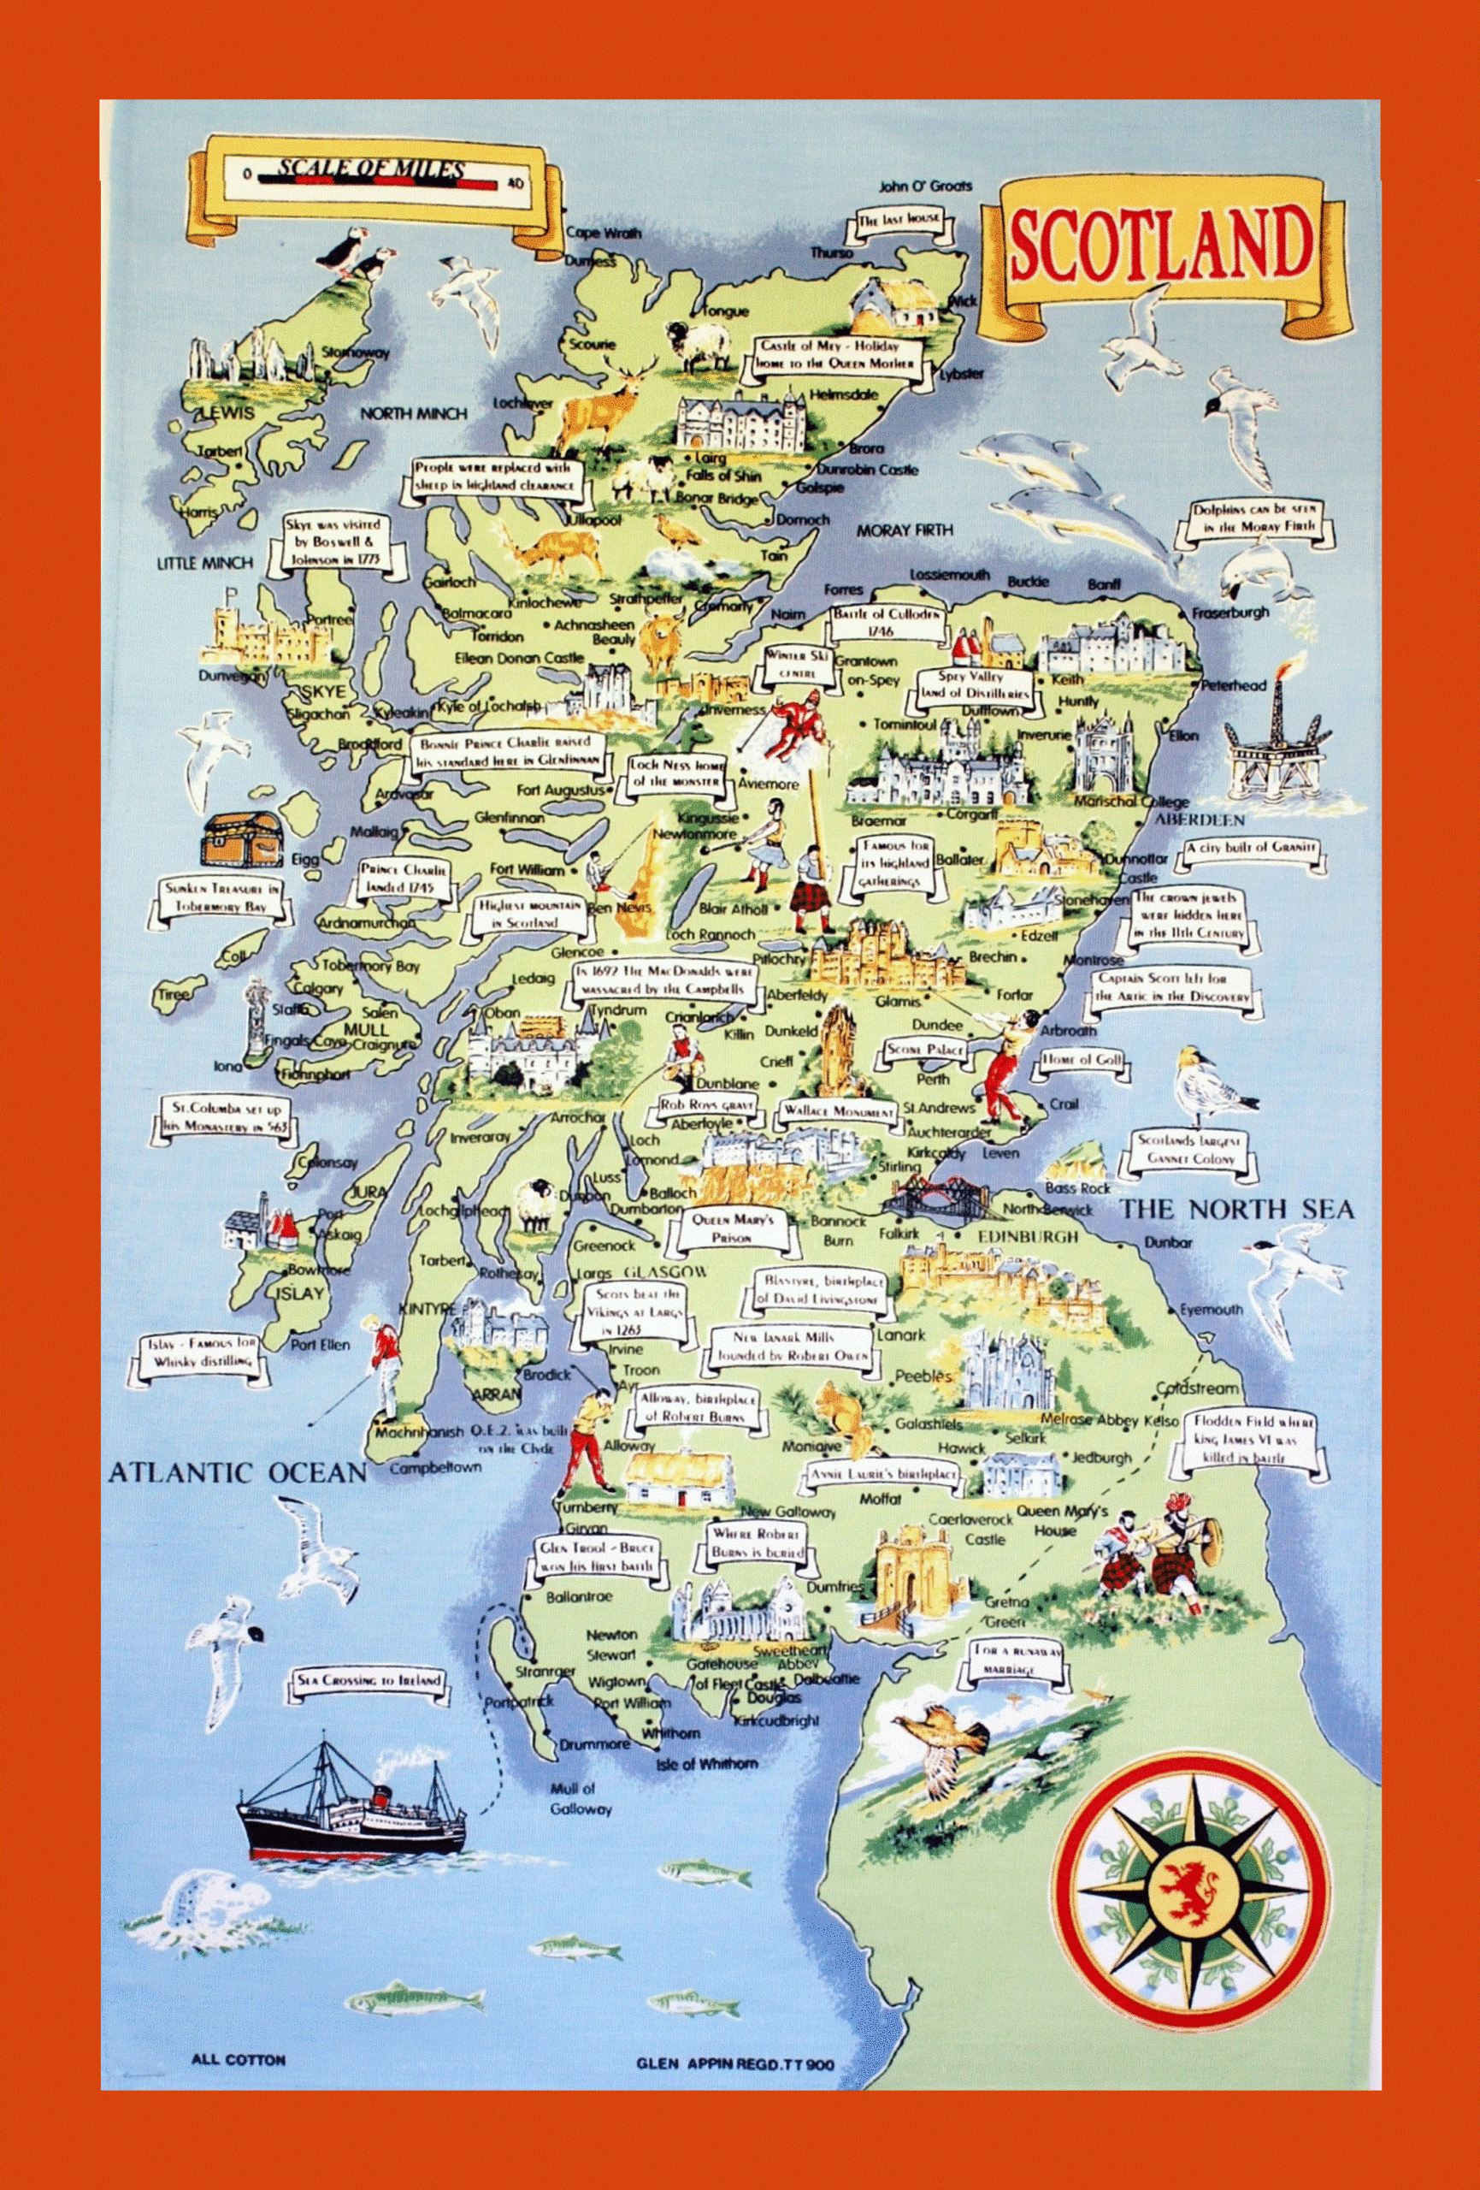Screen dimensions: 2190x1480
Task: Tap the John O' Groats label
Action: pyautogui.click(x=925, y=186)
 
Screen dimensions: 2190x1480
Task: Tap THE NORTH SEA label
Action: pyautogui.click(x=1235, y=1210)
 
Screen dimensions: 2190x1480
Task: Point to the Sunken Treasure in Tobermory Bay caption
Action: pyautogui.click(x=220, y=897)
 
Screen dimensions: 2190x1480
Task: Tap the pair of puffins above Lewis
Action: pyautogui.click(x=353, y=256)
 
